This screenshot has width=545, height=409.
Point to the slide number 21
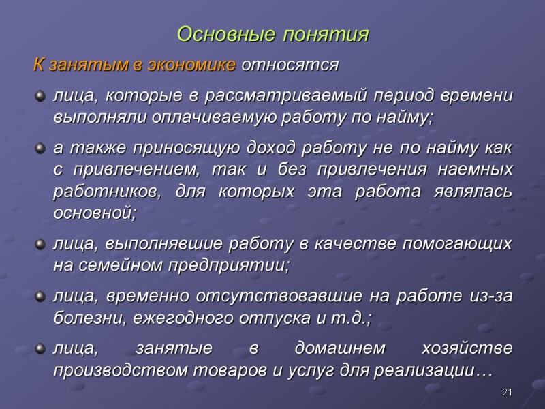505,392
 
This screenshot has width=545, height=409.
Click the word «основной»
93,212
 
